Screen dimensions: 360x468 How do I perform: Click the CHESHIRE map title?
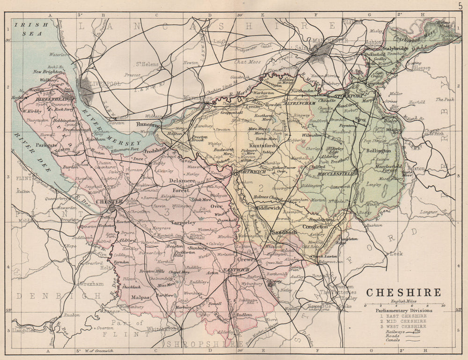pos(403,293)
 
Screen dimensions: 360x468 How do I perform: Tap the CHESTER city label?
pos(109,201)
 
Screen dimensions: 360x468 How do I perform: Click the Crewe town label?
pos(245,259)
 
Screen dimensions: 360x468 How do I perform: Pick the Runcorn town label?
pos(148,125)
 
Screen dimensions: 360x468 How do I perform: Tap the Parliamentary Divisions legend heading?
pos(403,310)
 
